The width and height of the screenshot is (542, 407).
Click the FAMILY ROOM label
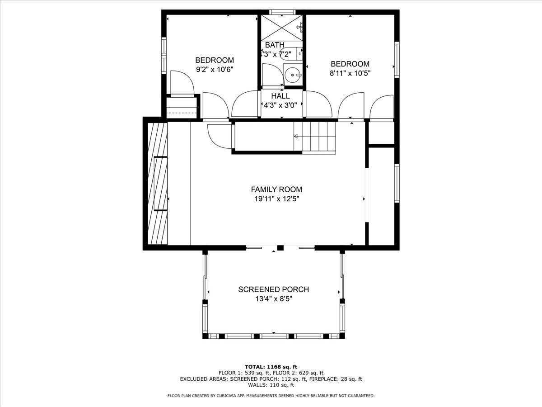coord(276,189)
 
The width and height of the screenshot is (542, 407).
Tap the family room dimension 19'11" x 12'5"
coord(276,199)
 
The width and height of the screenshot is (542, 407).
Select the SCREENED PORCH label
coord(274,289)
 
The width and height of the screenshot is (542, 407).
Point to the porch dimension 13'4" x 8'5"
coord(274,298)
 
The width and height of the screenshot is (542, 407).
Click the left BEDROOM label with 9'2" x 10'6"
coord(215,60)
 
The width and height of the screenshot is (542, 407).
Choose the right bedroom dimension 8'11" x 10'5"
coord(350,73)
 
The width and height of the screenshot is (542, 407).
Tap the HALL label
coord(280,96)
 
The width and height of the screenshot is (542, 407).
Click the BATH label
coord(275,45)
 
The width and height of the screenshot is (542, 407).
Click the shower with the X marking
coord(282,28)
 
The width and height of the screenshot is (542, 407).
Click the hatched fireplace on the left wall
coord(156,183)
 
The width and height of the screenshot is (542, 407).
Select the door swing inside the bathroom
coord(272,75)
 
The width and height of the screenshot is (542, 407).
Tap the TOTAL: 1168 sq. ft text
coord(271,366)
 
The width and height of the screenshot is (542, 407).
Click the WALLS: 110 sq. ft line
coord(271,385)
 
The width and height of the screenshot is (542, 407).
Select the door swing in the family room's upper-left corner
coord(220,136)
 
